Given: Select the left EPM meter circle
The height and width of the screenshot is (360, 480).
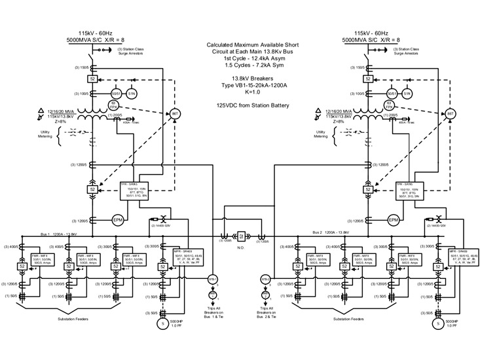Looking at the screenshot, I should [118, 219].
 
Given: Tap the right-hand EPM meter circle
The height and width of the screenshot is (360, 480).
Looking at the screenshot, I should [393, 219].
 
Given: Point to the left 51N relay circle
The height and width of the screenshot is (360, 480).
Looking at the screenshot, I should [132, 94].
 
